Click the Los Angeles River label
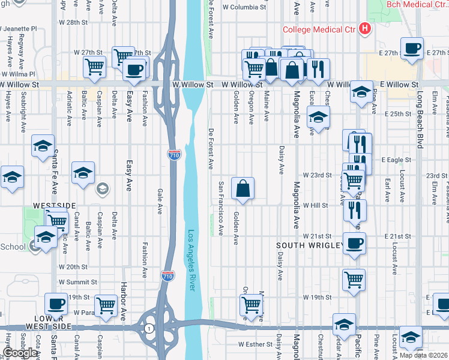coord(191,261)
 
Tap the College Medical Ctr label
coord(320,29)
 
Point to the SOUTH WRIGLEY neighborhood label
coord(309,246)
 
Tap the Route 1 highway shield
coord(149,328)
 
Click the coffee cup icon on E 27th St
coord(412,49)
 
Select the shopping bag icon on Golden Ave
coord(243,188)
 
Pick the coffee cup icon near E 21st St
coord(354,244)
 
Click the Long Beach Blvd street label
coord(419,120)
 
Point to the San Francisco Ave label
coord(221,208)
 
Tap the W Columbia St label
coord(244,8)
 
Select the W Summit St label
coord(77,282)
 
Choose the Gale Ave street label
coord(160,202)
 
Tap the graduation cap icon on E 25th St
coord(319,118)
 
